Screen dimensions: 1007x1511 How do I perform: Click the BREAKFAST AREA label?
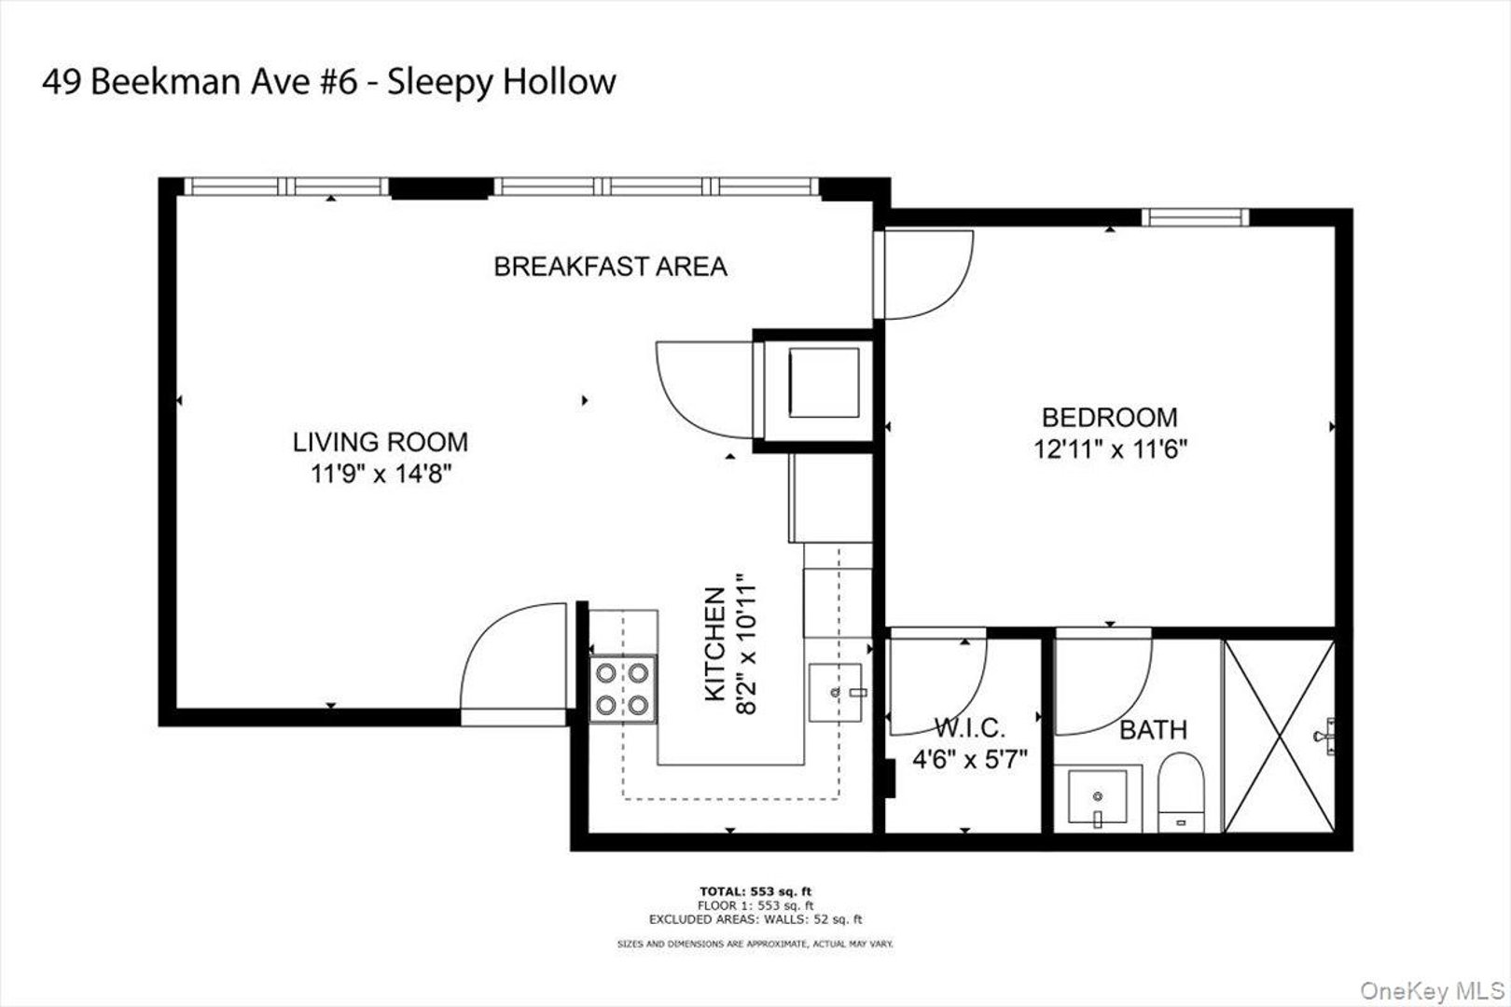[610, 267]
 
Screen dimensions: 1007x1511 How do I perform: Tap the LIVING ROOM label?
[381, 441]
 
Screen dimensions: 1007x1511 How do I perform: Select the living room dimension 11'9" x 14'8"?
[381, 475]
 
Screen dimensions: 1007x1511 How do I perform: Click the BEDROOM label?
[1109, 417]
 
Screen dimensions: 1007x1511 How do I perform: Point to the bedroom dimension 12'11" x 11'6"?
[1109, 449]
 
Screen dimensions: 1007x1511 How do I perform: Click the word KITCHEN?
[714, 643]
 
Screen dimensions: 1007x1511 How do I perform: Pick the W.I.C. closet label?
[969, 727]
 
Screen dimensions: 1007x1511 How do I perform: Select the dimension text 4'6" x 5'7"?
[969, 760]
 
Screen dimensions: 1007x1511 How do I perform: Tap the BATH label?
[1153, 729]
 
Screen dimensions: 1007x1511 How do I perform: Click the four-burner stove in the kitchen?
[623, 688]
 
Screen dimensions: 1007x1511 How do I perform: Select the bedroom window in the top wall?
[1196, 217]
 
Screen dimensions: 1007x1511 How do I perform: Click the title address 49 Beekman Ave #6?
[201, 82]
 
